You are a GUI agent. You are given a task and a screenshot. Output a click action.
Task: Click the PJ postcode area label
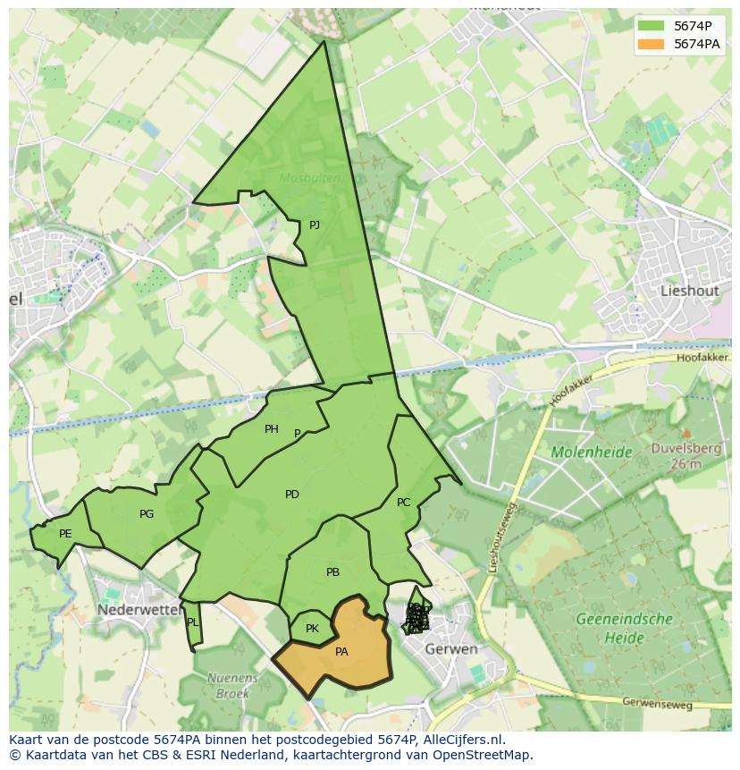point(315,225)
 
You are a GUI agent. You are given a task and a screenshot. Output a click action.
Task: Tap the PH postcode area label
point(272,429)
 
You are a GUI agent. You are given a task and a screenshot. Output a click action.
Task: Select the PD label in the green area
point(292,495)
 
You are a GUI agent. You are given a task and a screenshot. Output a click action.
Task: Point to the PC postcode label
point(403,503)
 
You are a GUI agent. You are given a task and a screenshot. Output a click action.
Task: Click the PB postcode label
point(332,572)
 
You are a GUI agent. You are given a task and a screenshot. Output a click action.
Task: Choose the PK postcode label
point(312,629)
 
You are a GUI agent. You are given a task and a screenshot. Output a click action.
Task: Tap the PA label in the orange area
point(341,652)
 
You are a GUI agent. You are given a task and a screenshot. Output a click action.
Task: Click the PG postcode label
point(147,514)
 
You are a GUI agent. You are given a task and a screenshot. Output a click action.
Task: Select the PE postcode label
point(65,534)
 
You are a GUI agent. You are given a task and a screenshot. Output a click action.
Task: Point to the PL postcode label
point(192,622)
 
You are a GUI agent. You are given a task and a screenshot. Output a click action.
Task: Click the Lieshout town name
point(689,291)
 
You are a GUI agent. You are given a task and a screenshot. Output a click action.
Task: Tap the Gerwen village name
point(451,648)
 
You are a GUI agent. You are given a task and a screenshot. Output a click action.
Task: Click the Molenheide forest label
point(591,453)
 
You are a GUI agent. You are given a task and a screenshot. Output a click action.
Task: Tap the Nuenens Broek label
point(231,685)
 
